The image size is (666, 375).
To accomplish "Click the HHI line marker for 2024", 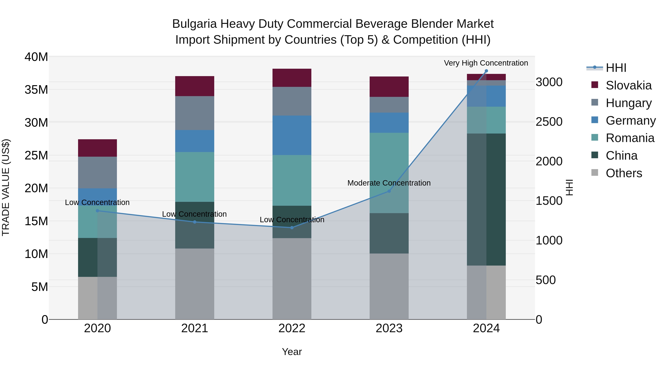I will click(x=486, y=71).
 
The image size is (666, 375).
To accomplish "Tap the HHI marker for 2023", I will click(x=389, y=191).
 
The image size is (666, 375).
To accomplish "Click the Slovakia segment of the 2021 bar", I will click(x=195, y=86).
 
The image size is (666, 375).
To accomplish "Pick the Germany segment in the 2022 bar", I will click(x=292, y=135).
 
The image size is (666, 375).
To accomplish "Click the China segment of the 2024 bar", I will click(x=486, y=199).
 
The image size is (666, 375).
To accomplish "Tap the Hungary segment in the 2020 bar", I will click(x=97, y=172).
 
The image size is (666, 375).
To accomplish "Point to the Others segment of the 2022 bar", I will click(x=292, y=279).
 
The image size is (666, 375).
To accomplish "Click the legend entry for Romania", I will click(x=630, y=138).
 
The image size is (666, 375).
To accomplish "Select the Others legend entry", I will click(x=624, y=173).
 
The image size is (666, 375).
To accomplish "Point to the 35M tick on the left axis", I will click(x=36, y=90).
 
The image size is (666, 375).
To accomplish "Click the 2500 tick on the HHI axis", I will click(x=549, y=122).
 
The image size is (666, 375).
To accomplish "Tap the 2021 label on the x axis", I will click(x=195, y=328).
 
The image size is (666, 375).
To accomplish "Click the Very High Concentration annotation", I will click(x=486, y=63).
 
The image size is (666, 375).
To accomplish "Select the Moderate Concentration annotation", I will click(x=389, y=183).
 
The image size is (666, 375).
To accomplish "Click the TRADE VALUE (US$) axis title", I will click(x=6, y=188).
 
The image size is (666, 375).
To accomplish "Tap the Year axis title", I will click(x=292, y=352).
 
